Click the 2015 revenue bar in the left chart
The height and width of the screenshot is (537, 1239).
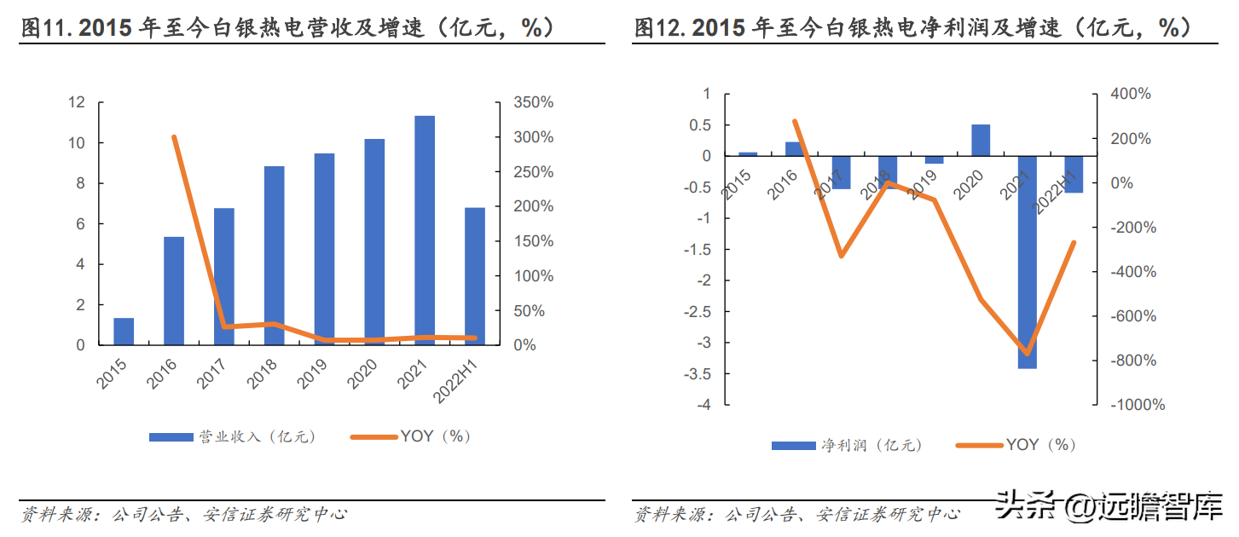124,332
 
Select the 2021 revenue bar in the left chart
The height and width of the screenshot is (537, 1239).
425,230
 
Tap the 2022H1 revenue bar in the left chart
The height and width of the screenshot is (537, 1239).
475,276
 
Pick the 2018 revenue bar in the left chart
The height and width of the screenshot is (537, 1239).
274,256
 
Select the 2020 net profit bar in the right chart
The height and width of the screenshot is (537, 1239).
981,141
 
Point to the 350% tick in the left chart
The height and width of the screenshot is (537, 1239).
534,102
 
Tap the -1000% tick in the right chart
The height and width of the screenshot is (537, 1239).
1138,405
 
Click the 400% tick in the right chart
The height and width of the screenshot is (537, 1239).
1131,94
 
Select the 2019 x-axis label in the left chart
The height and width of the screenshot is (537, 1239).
313,373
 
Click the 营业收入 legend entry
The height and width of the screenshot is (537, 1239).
232,436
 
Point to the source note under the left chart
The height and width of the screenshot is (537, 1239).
183,514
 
